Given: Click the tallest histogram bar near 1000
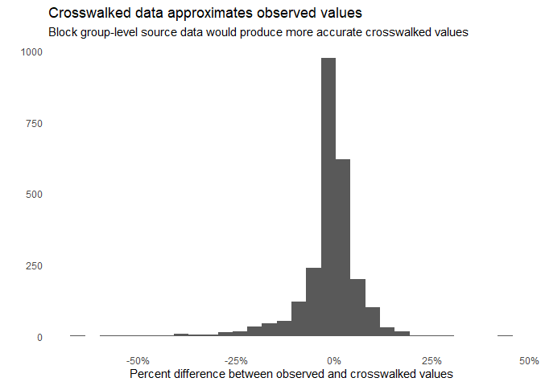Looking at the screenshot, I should pyautogui.click(x=328, y=197).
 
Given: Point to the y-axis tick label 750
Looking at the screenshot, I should pyautogui.click(x=35, y=123).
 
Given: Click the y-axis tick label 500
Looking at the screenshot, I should pyautogui.click(x=35, y=195).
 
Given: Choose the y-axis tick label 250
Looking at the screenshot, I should pyautogui.click(x=35, y=265).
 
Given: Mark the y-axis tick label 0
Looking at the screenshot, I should pyautogui.click(x=39, y=337).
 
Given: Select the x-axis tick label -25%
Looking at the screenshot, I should pyautogui.click(x=235, y=359).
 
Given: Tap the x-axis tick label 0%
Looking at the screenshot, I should pyautogui.click(x=335, y=359).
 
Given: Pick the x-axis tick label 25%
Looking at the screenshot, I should pyautogui.click(x=432, y=359).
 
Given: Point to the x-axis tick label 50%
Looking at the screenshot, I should pyautogui.click(x=529, y=359).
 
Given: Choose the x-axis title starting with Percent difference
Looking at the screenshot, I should pyautogui.click(x=291, y=374).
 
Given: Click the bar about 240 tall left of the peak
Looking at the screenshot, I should pyautogui.click(x=314, y=302).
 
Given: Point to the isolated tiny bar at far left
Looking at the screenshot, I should pyautogui.click(x=77, y=335).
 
